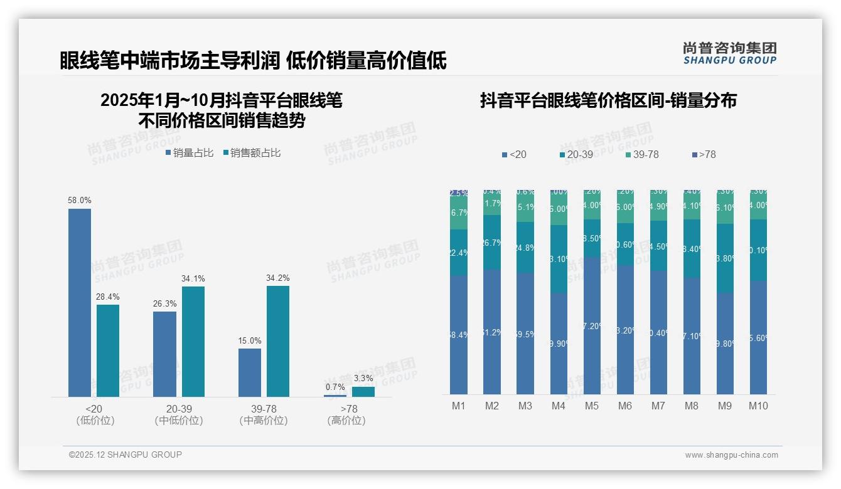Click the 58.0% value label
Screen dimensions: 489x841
click(x=80, y=201)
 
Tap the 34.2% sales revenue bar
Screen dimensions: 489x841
click(x=277, y=341)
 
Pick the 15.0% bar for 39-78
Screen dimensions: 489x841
click(x=249, y=372)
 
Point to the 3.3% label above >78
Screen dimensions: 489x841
click(x=363, y=379)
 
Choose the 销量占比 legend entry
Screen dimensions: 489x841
click(x=190, y=153)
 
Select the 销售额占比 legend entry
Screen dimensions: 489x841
click(x=252, y=153)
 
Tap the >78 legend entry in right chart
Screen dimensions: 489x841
click(x=704, y=154)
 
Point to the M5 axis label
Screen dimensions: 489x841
click(x=592, y=406)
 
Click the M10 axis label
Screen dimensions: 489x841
click(x=758, y=406)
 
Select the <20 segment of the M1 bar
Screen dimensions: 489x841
click(x=459, y=335)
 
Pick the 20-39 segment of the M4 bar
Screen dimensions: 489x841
click(x=559, y=259)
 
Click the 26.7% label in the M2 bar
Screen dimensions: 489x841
click(x=492, y=243)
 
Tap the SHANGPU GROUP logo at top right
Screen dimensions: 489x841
click(x=729, y=53)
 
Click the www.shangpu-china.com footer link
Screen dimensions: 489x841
click(x=731, y=455)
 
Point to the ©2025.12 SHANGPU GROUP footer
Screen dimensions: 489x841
click(x=126, y=455)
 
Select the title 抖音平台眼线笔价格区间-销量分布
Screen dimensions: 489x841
click(x=608, y=100)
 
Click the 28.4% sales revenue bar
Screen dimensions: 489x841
click(x=108, y=350)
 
